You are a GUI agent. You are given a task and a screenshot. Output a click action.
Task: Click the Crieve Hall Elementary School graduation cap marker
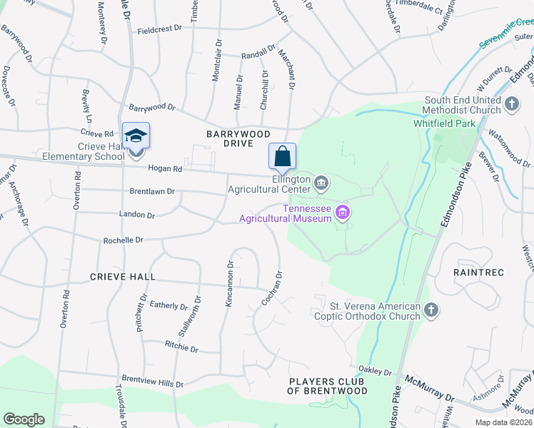pos(136,136)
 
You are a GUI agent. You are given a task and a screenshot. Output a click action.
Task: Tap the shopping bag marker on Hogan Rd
pos(282,156)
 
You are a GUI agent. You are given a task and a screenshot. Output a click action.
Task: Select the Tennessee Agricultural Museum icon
pos(343,212)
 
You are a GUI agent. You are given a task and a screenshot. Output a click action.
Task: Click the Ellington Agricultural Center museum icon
pos(321,184)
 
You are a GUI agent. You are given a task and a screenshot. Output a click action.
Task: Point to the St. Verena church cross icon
pos(430,310)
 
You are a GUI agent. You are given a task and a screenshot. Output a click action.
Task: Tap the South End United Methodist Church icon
pos(511,105)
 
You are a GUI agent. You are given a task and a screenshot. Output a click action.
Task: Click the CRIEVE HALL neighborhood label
pos(124,276)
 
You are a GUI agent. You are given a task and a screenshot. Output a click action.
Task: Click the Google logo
pos(24,419)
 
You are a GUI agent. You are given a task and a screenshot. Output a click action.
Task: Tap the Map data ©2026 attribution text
pos(503,422)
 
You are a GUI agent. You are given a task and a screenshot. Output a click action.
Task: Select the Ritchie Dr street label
pos(181,347)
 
